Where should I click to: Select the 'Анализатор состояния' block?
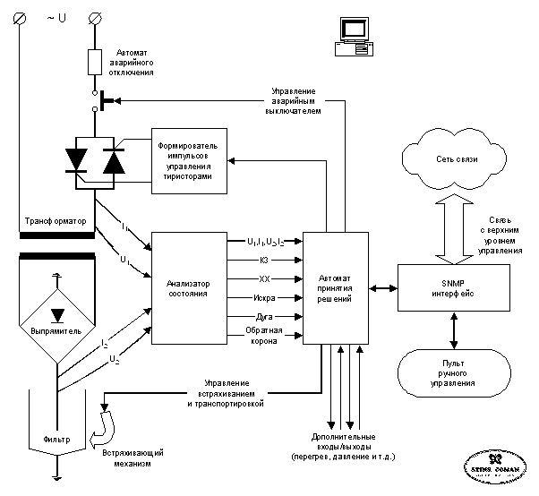point(193,286)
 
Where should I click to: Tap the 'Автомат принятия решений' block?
point(336,286)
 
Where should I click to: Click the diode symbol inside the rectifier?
point(58,315)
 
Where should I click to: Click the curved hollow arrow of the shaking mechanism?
point(109,426)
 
